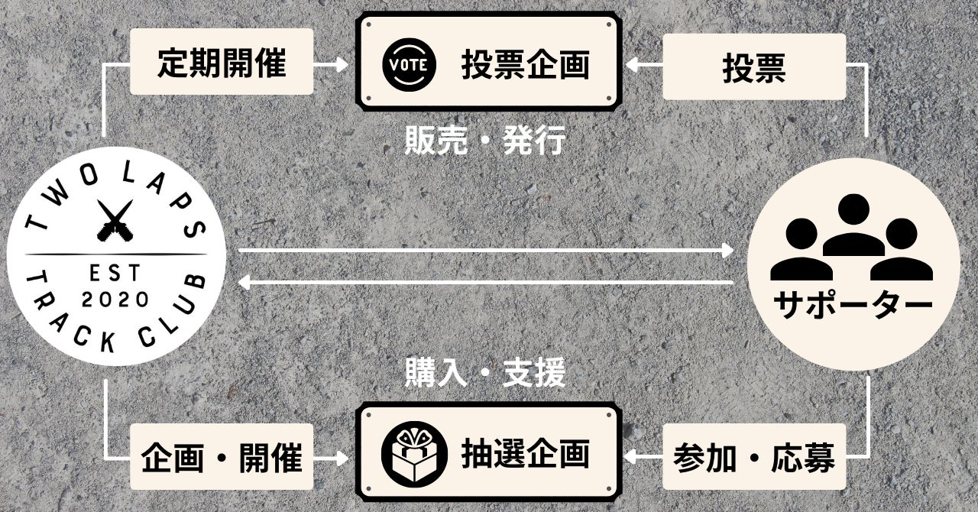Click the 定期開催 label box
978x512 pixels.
(222, 62)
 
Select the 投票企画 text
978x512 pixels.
(525, 65)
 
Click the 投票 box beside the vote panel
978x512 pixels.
(753, 67)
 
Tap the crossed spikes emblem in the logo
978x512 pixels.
(116, 219)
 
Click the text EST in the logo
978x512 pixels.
(115, 272)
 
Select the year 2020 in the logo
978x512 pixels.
(115, 299)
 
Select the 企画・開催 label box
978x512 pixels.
(222, 459)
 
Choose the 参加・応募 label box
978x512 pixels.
(753, 459)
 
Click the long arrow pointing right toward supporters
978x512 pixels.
(485, 250)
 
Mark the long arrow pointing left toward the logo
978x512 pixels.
(485, 283)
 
